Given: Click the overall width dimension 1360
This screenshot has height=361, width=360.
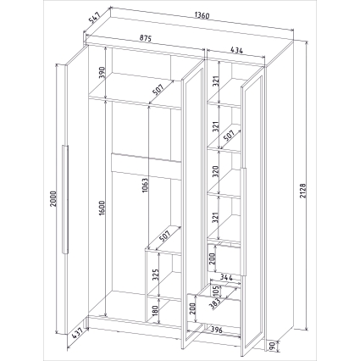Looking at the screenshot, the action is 202,15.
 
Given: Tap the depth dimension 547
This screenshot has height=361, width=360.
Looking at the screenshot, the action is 94,18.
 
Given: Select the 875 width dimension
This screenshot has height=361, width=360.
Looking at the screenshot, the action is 146,38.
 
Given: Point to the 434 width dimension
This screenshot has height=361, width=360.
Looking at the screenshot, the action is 236,50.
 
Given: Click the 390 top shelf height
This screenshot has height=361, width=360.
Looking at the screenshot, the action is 102,72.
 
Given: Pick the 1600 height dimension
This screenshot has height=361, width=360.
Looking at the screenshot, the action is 102,208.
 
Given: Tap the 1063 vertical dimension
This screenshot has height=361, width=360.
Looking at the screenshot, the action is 145,186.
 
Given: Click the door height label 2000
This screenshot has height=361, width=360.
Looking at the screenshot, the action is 53,199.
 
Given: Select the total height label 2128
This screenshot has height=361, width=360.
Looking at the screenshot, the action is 303,191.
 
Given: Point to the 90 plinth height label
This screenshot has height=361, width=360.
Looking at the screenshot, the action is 273,347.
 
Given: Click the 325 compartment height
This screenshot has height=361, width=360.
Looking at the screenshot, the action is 156,275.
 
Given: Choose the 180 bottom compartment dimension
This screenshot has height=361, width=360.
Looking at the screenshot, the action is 155,311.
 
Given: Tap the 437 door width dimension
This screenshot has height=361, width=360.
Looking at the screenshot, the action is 77,333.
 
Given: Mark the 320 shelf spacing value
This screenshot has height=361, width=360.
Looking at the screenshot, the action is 216,171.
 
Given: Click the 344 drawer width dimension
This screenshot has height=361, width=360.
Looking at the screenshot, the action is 226,278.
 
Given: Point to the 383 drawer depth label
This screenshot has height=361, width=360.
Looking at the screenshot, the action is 215,304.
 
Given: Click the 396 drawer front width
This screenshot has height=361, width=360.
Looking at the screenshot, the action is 217,330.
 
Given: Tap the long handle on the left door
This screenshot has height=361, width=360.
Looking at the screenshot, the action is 65,200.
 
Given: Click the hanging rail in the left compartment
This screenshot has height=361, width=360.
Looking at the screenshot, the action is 147,166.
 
